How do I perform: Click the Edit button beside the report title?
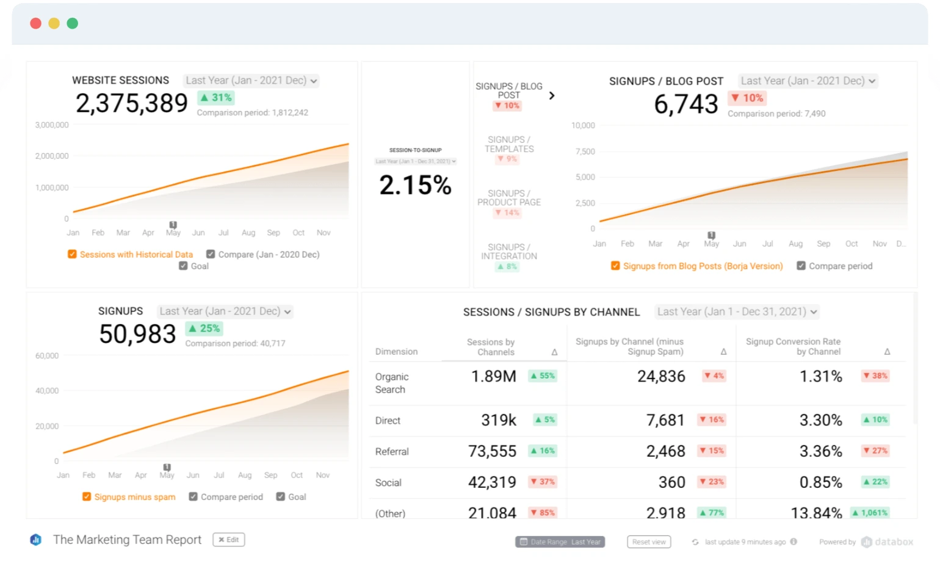(229, 540)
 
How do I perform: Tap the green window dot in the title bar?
(73, 23)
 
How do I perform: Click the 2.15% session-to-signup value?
(415, 185)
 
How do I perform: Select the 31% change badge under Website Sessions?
(216, 98)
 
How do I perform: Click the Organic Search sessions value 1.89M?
(493, 377)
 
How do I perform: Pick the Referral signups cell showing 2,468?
(665, 451)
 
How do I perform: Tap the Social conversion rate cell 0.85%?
(820, 482)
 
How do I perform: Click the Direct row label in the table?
(388, 421)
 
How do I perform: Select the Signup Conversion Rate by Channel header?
(793, 346)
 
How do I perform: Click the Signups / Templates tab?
(509, 145)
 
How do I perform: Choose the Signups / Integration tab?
(509, 252)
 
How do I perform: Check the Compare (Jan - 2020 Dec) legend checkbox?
(211, 254)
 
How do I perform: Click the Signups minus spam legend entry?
(134, 497)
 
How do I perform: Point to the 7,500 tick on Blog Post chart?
(585, 151)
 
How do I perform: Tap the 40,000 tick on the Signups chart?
(47, 391)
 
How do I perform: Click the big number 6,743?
(685, 104)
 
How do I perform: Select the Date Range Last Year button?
(560, 542)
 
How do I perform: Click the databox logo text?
(894, 542)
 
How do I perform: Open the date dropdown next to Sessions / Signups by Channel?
(737, 311)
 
